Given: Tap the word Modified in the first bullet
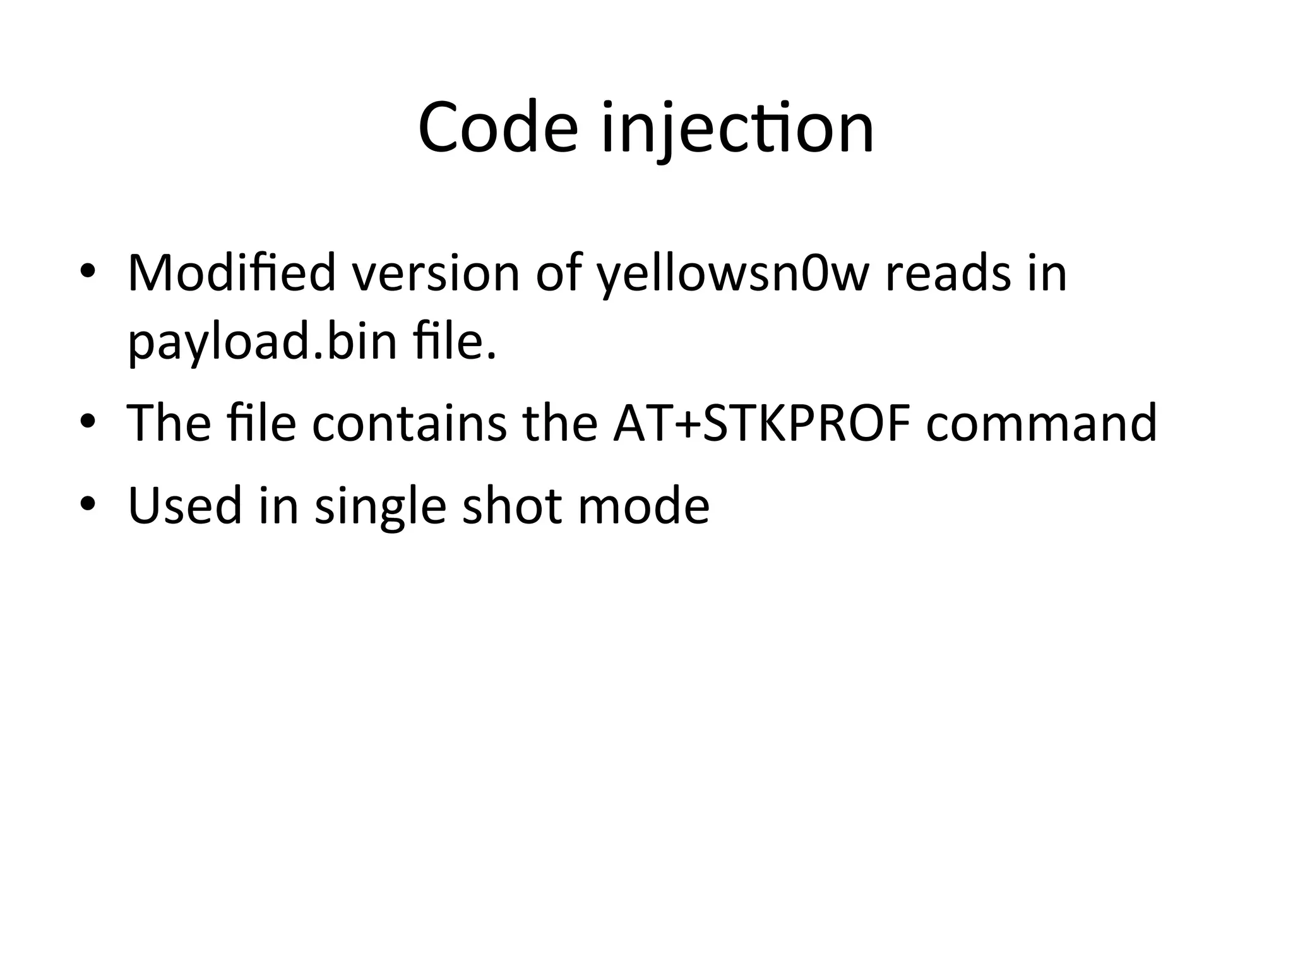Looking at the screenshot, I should (x=231, y=273).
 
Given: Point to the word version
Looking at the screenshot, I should (x=436, y=273).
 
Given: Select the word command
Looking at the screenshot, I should (x=1041, y=422).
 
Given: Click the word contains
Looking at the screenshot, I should (x=410, y=422).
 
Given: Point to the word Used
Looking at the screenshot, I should (x=185, y=505).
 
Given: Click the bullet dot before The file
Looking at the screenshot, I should (x=88, y=421).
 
